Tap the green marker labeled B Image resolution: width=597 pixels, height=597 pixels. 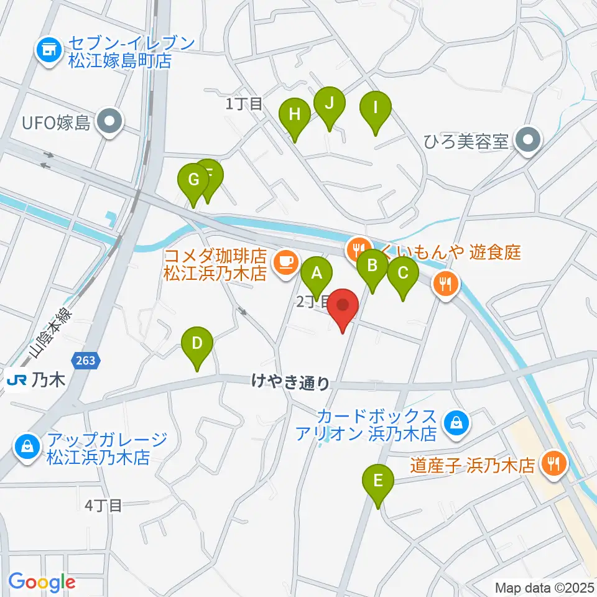(x=373, y=266)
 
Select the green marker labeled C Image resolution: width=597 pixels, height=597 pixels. (x=403, y=272)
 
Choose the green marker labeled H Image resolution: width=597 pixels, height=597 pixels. (x=294, y=114)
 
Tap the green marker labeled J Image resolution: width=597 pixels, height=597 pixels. (x=330, y=102)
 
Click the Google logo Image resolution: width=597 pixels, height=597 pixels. (x=42, y=582)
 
